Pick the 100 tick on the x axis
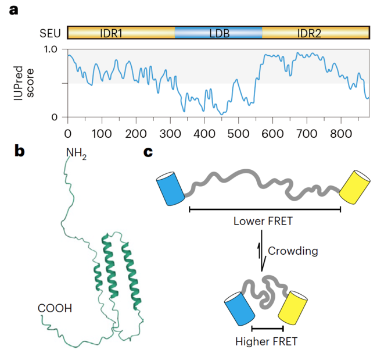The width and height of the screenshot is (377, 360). pos(102,133)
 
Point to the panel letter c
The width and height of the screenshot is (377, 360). pos(149,152)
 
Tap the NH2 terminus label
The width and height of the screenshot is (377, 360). pos(77,154)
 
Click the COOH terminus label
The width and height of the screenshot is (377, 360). pos(55,308)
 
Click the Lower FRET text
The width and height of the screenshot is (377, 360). pos(262,221)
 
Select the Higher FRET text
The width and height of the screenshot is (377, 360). pos(267,341)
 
